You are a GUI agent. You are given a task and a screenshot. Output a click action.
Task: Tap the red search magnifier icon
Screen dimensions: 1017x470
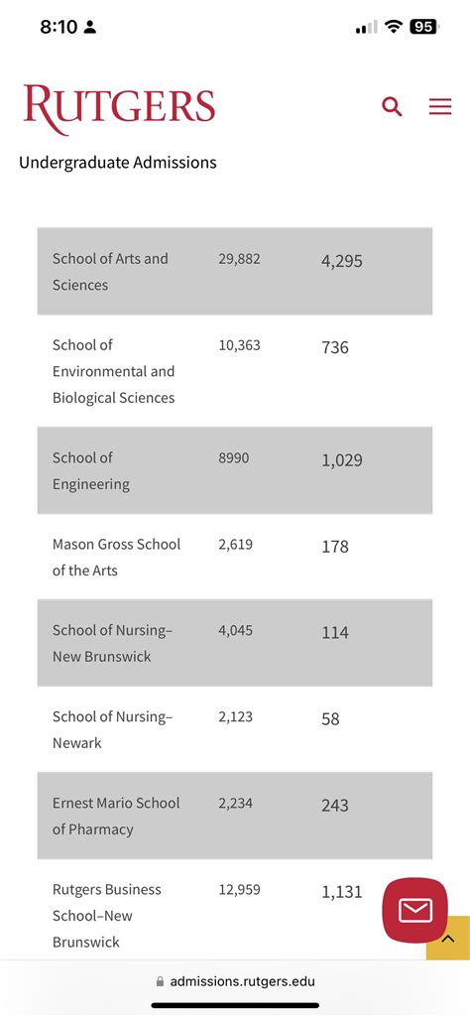392,107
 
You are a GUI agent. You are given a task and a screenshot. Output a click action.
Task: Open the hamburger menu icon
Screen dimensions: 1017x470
440,107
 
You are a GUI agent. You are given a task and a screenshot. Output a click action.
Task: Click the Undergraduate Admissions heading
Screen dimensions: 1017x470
117,162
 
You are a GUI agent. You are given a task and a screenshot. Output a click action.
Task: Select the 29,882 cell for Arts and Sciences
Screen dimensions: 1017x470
239,259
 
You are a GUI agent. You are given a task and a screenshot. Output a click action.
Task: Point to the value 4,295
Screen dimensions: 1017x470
342,262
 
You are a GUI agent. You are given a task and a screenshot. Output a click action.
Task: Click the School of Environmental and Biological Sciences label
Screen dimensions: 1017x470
113,371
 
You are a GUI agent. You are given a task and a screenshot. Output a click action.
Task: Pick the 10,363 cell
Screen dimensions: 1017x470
239,345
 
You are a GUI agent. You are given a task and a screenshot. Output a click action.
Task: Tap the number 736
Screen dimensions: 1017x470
335,348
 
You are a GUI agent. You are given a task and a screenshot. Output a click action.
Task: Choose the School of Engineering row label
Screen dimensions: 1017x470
91,471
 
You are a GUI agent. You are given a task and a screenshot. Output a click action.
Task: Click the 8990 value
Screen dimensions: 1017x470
234,458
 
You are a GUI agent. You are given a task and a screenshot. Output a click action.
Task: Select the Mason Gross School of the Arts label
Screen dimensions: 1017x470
116,558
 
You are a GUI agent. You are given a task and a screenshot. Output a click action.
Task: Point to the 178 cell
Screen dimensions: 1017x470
335,547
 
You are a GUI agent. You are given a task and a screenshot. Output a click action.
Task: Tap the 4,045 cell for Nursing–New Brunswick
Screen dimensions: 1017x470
236,630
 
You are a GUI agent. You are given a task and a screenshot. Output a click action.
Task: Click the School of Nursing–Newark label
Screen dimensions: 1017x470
112,729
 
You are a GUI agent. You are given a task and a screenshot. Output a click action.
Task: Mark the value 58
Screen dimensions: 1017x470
330,719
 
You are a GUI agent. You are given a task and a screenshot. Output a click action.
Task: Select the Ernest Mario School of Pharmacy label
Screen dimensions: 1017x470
116,816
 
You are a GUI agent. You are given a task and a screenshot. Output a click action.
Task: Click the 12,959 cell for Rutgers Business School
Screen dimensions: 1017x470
239,890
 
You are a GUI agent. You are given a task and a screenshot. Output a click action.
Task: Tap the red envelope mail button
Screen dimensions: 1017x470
414,910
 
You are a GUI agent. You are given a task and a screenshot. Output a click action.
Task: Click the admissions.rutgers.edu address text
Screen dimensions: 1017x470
242,981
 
